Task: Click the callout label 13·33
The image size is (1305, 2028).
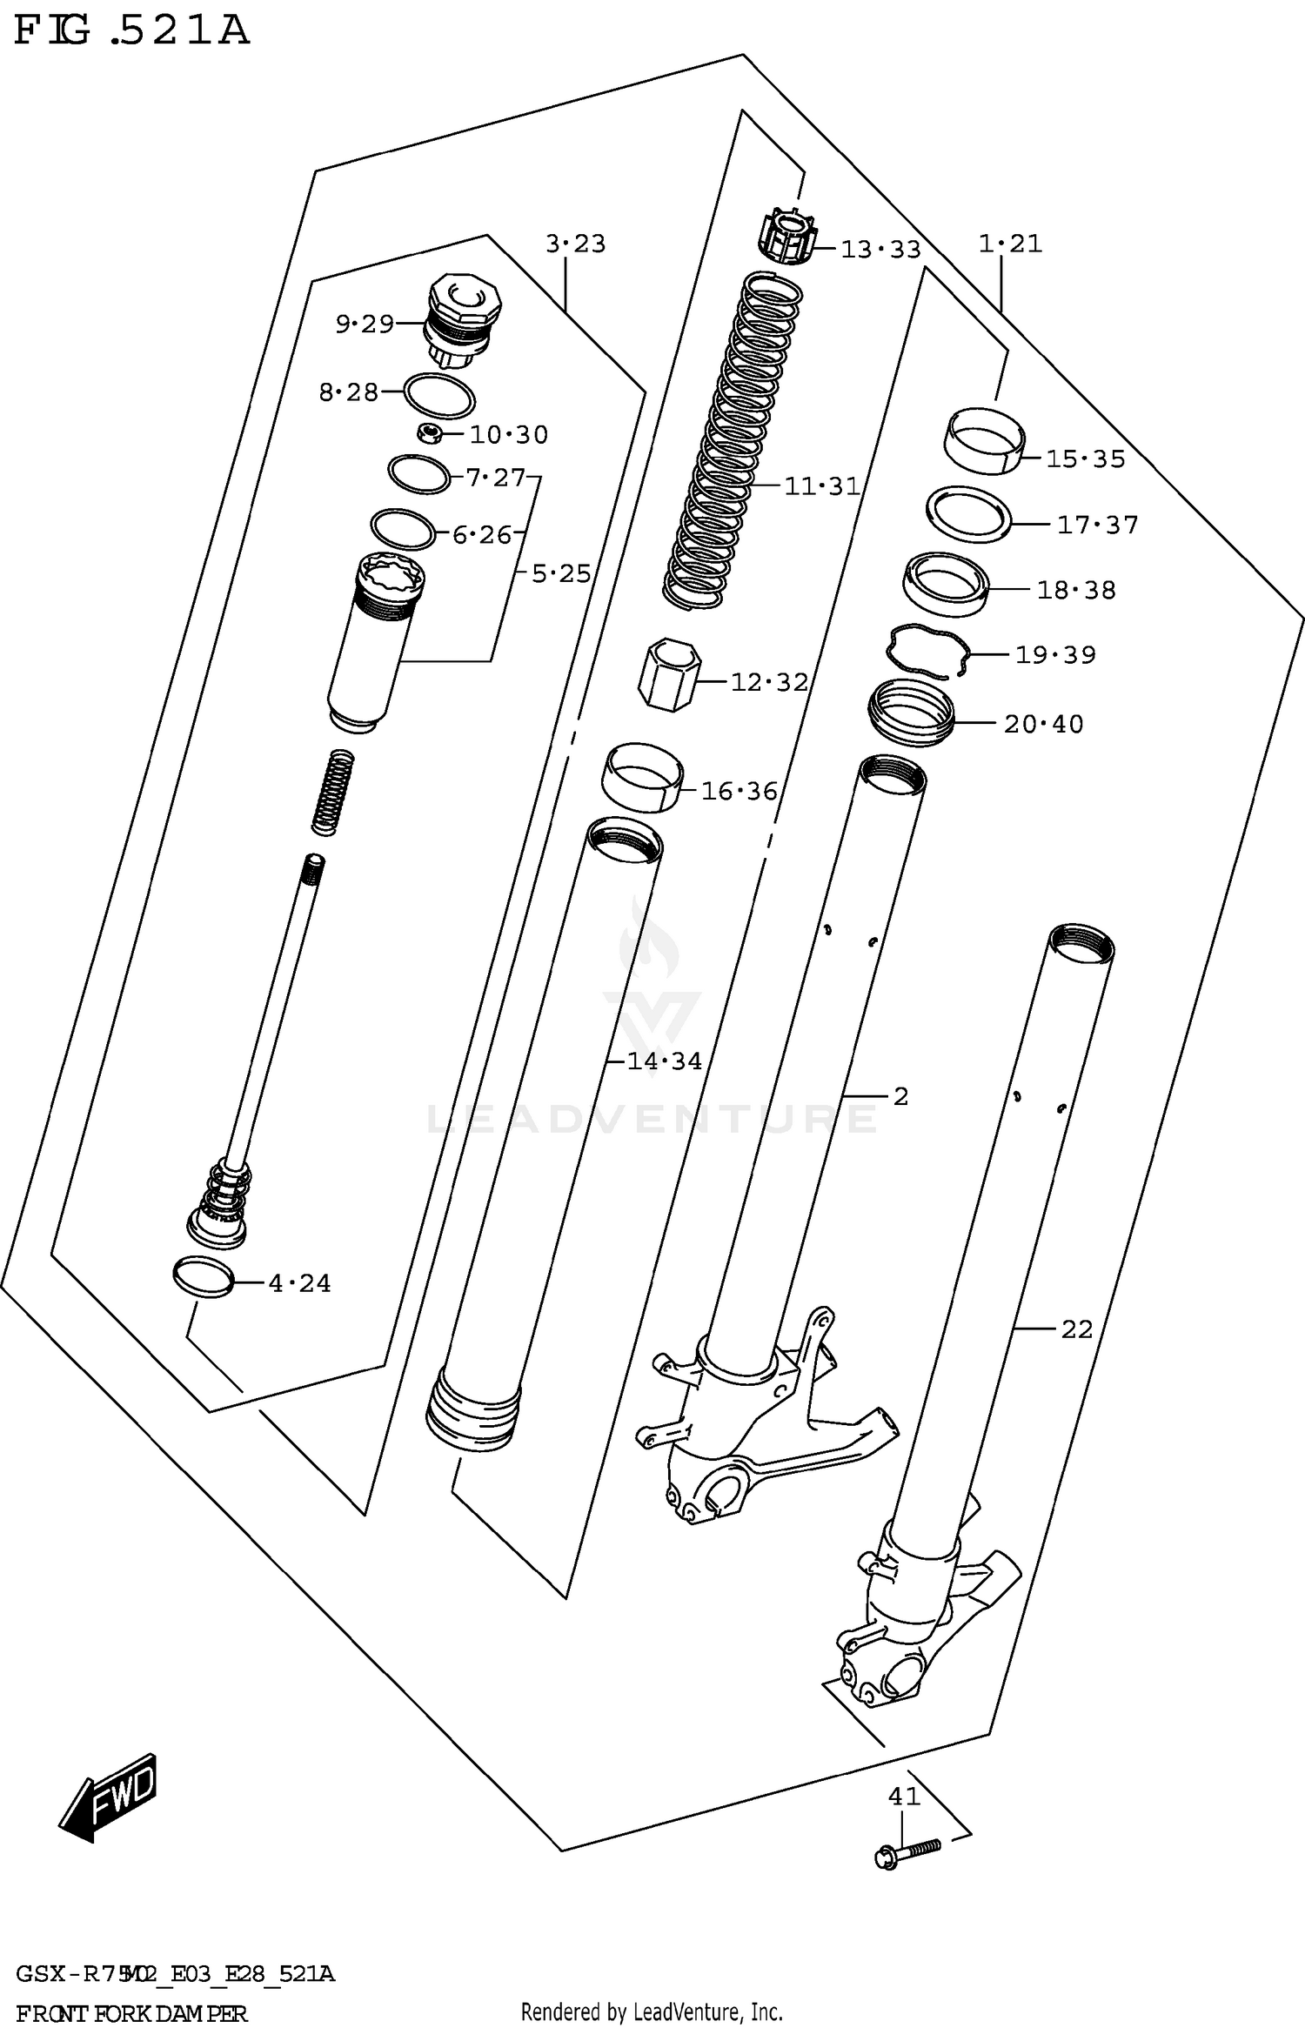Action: pyautogui.click(x=880, y=251)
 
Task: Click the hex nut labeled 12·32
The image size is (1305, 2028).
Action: pyautogui.click(x=668, y=674)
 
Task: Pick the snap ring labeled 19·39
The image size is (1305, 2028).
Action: pyautogui.click(x=927, y=651)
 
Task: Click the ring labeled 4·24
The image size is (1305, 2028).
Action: pyautogui.click(x=204, y=1277)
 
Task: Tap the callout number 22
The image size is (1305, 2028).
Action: pyautogui.click(x=1076, y=1329)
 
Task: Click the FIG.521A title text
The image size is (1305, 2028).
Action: pyautogui.click(x=130, y=33)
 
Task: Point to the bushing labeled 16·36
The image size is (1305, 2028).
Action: pyautogui.click(x=642, y=777)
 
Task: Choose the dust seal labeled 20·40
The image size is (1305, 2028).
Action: pyautogui.click(x=911, y=712)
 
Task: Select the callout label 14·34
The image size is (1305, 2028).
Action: pyautogui.click(x=664, y=1061)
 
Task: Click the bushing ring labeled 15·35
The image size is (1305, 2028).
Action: pyautogui.click(x=985, y=441)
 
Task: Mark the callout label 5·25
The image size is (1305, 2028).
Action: pyautogui.click(x=560, y=574)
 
